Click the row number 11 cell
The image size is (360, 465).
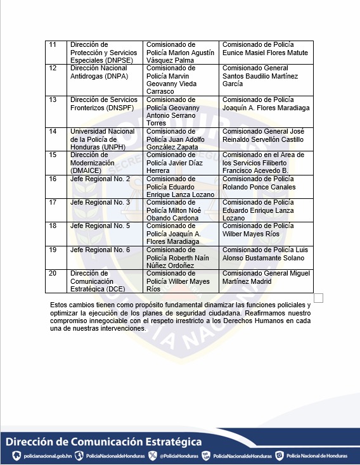click(56, 52)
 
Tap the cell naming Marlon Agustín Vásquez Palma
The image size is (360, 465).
click(181, 52)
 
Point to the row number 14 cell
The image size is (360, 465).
click(56, 139)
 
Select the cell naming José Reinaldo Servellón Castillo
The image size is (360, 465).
click(266, 139)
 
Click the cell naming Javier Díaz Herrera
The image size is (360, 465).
click(181, 162)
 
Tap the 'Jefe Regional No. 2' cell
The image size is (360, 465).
click(104, 186)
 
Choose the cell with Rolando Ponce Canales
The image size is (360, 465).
click(266, 186)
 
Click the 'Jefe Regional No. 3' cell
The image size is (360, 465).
click(104, 210)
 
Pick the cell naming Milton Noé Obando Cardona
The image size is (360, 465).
click(181, 210)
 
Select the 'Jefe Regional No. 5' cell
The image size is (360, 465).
click(104, 233)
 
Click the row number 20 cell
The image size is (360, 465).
click(56, 280)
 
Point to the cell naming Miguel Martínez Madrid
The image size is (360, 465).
click(266, 280)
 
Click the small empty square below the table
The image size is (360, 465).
click(318, 298)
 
